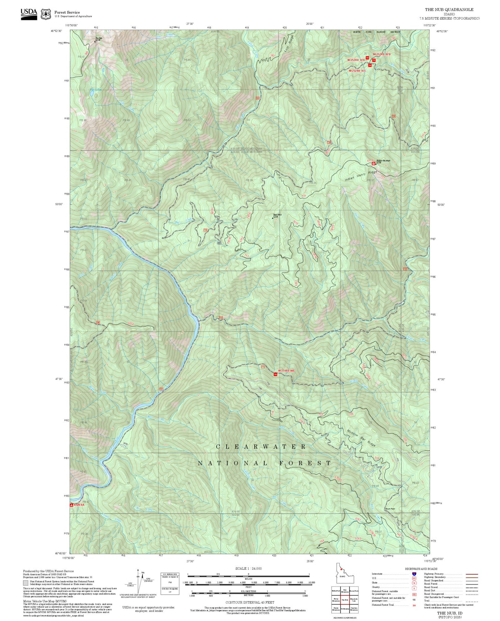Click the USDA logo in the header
(x=29, y=14)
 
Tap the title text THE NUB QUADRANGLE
(x=449, y=9)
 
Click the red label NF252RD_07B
(x=381, y=54)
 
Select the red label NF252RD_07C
(x=357, y=71)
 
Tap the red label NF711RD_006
(x=286, y=370)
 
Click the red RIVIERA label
(x=79, y=505)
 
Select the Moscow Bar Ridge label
(x=361, y=438)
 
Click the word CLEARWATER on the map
(x=261, y=447)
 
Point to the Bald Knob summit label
(x=277, y=215)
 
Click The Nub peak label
(x=99, y=38)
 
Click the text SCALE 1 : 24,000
(x=248, y=568)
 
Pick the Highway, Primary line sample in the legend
(x=472, y=574)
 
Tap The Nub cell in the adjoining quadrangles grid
(x=345, y=600)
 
